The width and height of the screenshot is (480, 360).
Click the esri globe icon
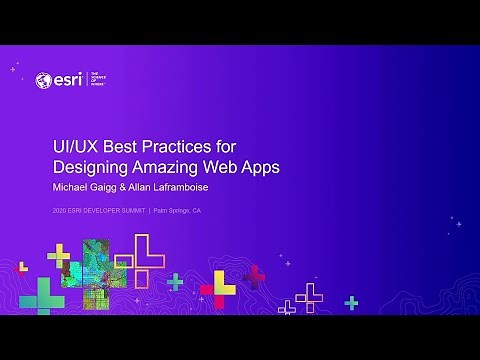[43, 80]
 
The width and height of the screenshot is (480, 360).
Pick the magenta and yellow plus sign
[218, 289]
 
